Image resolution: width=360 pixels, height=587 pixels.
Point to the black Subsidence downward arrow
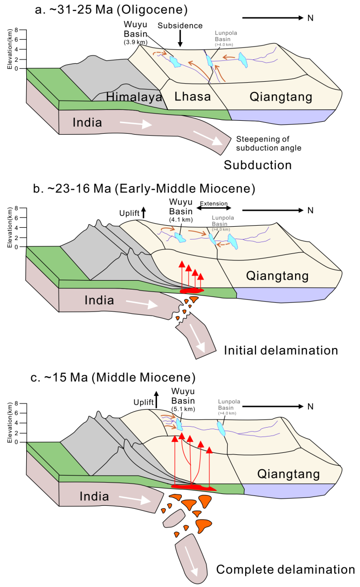180,38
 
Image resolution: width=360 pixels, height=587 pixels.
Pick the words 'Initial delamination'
281,350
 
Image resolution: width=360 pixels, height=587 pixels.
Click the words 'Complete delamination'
286,569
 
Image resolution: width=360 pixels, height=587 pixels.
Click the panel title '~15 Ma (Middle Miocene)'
112,378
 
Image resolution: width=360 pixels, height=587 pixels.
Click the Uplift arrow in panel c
156,398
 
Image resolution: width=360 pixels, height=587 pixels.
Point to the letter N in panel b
310,210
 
